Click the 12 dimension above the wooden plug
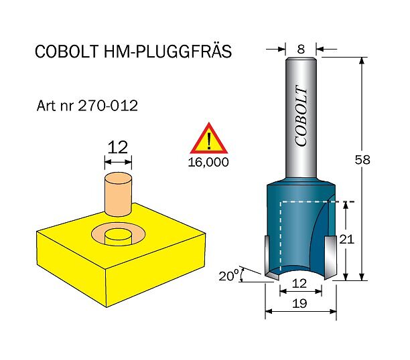(x=118, y=147)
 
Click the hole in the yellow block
(x=119, y=234)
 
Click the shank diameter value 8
(x=301, y=48)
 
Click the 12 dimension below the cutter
(x=300, y=284)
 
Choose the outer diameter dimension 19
(x=300, y=304)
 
